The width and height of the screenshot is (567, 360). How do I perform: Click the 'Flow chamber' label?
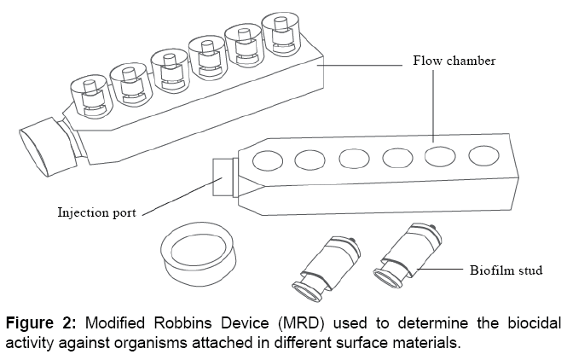[x=454, y=61]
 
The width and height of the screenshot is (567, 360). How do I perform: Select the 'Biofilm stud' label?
[x=506, y=270]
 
